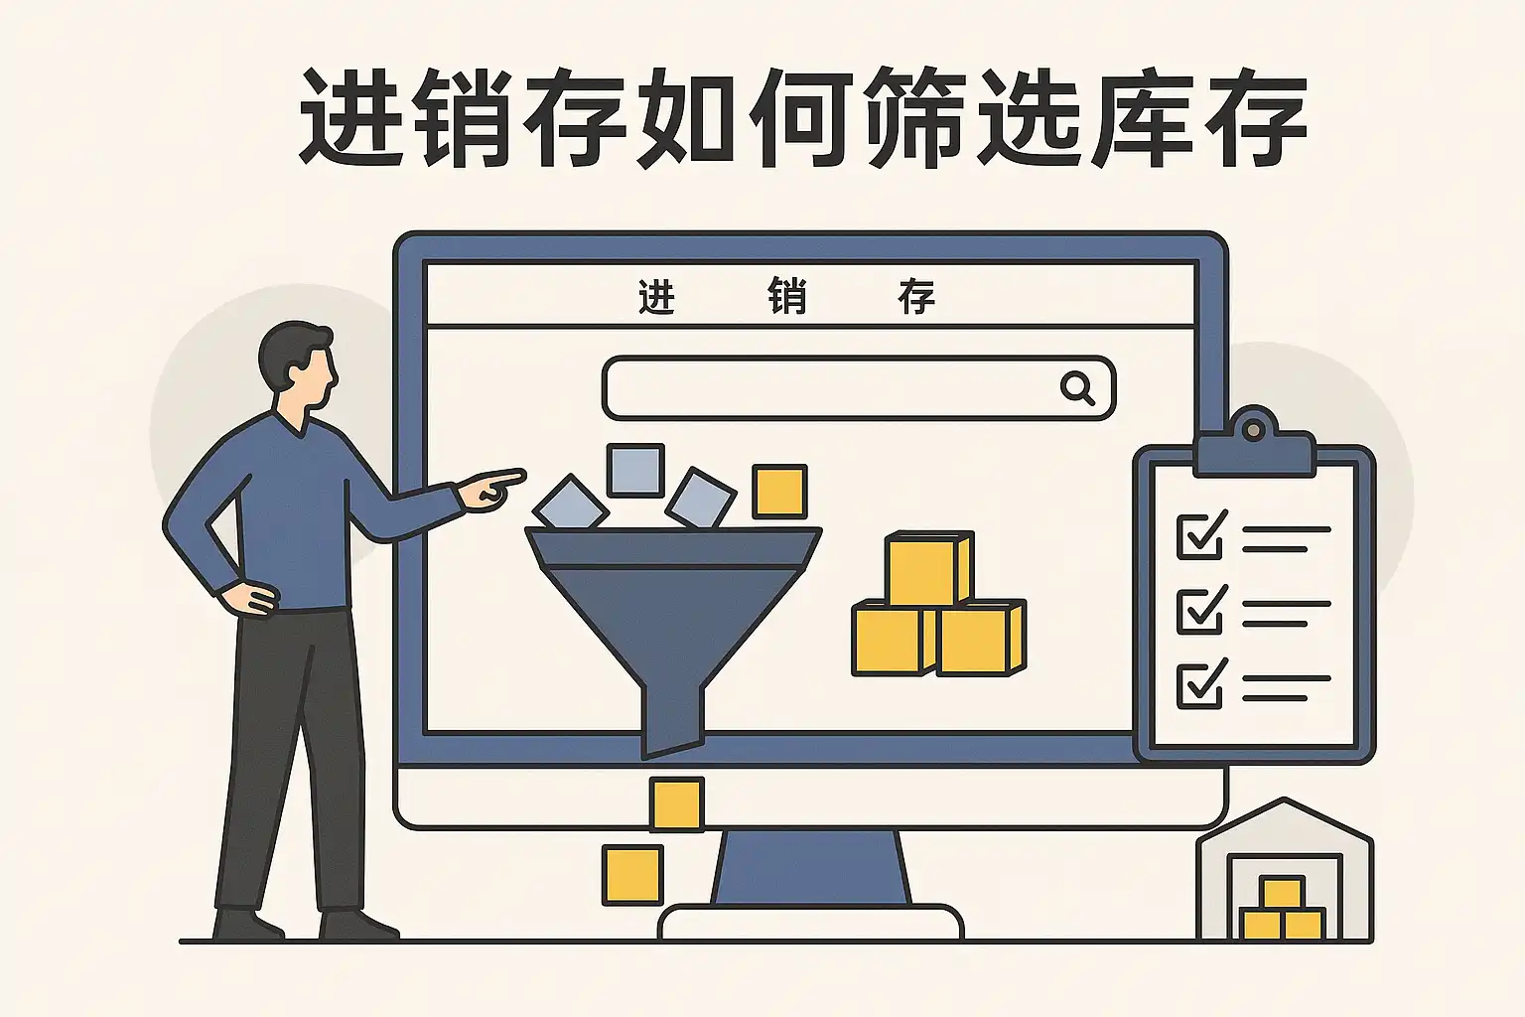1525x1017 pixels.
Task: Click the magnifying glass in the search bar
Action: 1077,386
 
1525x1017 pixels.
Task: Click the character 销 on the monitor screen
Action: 786,297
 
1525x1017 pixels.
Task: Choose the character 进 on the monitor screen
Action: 656,297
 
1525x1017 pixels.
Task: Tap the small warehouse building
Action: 1284,874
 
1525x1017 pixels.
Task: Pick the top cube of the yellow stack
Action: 927,568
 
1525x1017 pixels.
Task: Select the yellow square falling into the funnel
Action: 779,492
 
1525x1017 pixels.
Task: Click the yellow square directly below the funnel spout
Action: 676,803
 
